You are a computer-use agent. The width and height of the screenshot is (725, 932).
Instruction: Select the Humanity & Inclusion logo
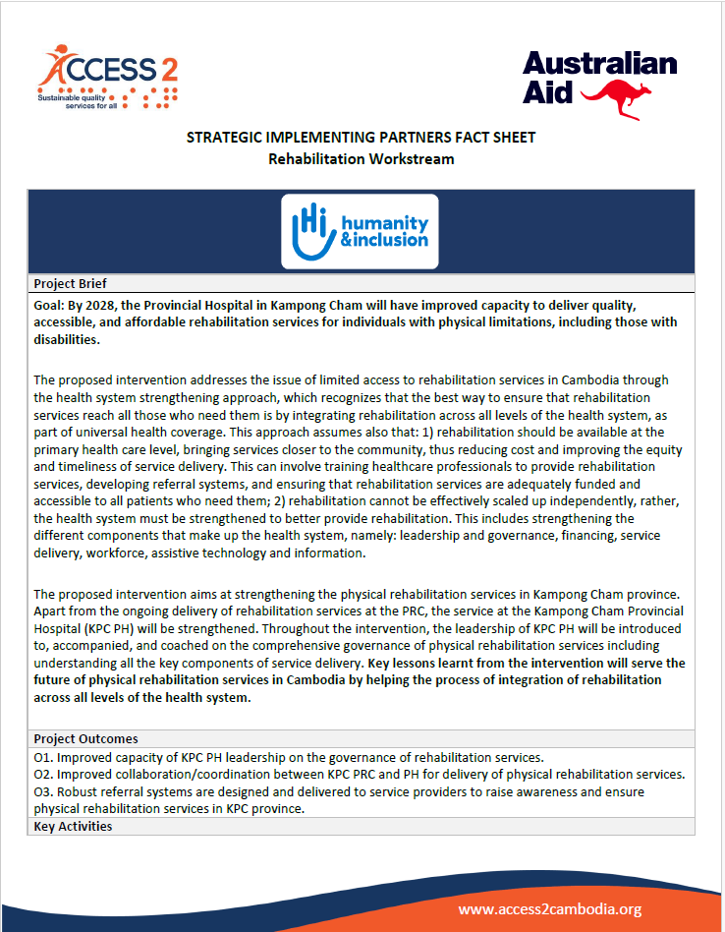click(360, 232)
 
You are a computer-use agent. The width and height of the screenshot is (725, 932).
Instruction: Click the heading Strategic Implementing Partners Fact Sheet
click(362, 138)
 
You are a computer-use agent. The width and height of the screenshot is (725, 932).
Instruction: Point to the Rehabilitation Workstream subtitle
click(362, 157)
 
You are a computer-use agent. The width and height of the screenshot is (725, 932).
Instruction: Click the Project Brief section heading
click(70, 284)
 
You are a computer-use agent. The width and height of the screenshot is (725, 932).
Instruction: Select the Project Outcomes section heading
click(85, 738)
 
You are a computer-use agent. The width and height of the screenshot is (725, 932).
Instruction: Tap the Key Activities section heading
click(73, 826)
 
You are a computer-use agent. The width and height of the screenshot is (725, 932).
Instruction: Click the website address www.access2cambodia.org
click(550, 909)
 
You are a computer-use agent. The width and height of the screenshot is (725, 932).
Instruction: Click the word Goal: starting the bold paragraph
click(50, 306)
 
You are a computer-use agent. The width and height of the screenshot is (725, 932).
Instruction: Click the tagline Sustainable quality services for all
click(78, 101)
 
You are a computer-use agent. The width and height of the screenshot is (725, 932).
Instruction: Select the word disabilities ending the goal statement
click(66, 340)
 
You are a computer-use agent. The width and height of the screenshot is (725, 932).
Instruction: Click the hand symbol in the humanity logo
click(306, 233)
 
